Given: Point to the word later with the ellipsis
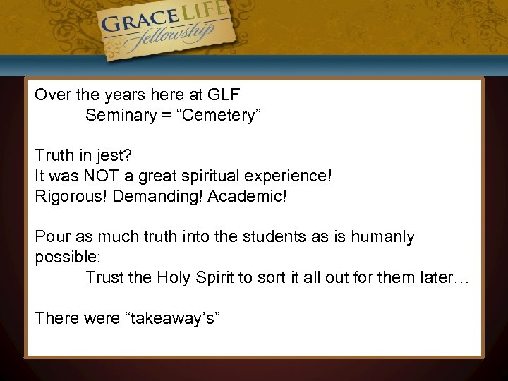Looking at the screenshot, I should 446,277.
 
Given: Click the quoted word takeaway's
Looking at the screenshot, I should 173,318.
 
